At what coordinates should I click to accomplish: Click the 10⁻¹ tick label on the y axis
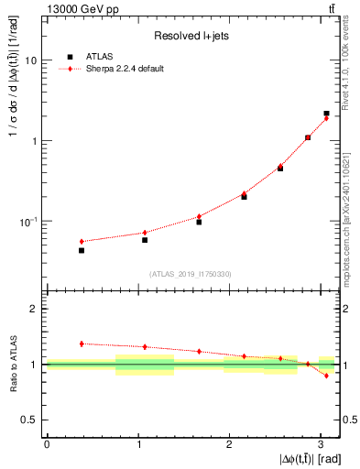click(x=28, y=222)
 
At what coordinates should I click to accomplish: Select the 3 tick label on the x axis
click(x=321, y=443)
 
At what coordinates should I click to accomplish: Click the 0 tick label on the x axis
click(x=46, y=443)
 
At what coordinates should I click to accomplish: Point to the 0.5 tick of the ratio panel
click(x=29, y=420)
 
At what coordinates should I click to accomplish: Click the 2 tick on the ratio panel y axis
click(x=34, y=309)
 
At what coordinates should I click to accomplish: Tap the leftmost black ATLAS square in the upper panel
click(x=82, y=250)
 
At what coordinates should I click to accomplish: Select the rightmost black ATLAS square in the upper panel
click(x=326, y=114)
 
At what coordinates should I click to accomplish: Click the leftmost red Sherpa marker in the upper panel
click(x=82, y=241)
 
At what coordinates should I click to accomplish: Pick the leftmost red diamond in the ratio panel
click(x=82, y=344)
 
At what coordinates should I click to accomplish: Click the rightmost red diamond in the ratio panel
click(x=326, y=376)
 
